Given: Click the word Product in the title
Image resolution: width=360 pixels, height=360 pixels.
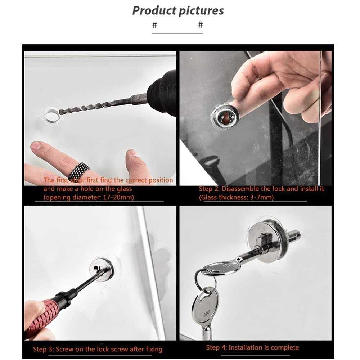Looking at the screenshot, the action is pyautogui.click(x=154, y=10).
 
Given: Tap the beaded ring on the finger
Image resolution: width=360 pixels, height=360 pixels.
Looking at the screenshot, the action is pyautogui.click(x=79, y=171).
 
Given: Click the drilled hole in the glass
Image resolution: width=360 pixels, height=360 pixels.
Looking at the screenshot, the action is pyautogui.click(x=52, y=115).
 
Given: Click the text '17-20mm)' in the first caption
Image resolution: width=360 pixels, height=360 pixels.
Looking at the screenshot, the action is pyautogui.click(x=118, y=197).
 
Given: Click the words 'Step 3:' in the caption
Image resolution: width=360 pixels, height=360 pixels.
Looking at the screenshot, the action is pyautogui.click(x=44, y=350).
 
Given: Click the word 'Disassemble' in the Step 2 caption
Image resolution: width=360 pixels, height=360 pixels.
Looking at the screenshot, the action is pyautogui.click(x=240, y=189).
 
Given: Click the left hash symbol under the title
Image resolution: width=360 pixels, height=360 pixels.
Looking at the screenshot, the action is pyautogui.click(x=154, y=25).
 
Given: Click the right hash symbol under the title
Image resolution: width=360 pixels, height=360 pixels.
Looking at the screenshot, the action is pyautogui.click(x=201, y=25).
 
